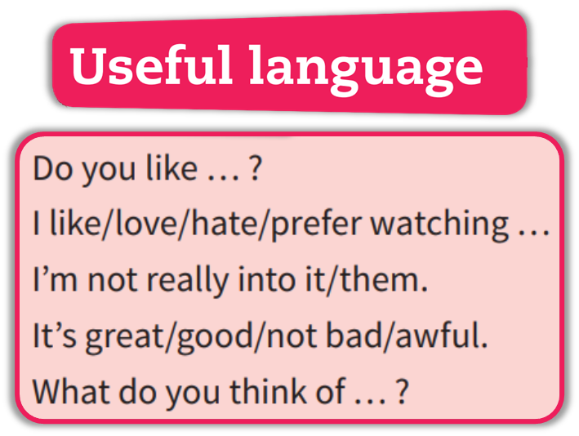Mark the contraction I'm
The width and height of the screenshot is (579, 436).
56,281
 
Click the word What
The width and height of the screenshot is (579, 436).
72,392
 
